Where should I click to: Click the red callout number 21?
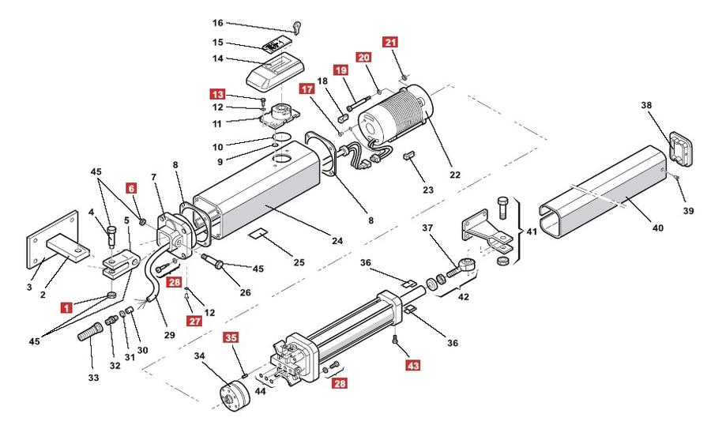(x=390, y=42)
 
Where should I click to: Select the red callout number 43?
(x=413, y=364)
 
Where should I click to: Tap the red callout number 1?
(x=66, y=308)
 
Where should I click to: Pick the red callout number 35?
(x=231, y=337)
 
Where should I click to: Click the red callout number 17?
(x=307, y=89)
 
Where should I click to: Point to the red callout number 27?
(x=194, y=321)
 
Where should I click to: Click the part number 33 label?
(x=93, y=377)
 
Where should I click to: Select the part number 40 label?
(x=657, y=228)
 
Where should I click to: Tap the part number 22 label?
(x=455, y=175)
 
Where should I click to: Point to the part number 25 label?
(x=299, y=262)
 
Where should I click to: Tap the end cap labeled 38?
(x=682, y=149)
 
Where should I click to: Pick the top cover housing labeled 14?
(x=275, y=71)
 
